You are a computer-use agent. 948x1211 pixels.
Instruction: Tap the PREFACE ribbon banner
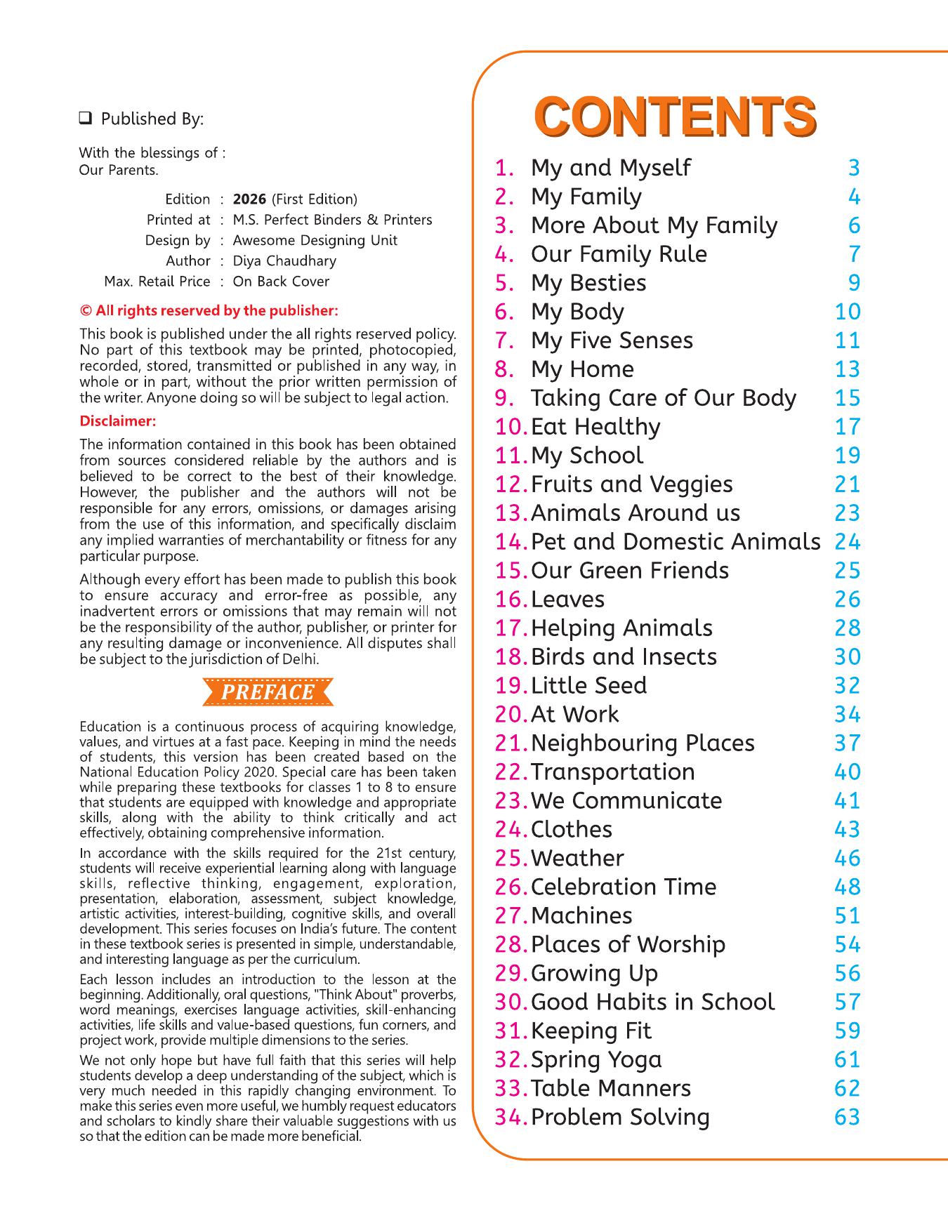tap(268, 692)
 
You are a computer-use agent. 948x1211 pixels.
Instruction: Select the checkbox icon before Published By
tap(86, 119)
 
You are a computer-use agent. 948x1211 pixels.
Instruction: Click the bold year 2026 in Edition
tap(249, 199)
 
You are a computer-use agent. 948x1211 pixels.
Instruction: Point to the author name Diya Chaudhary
tap(284, 261)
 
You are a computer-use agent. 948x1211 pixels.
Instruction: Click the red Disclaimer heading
tap(117, 421)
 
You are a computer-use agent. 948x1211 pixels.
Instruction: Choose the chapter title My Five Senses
tap(612, 340)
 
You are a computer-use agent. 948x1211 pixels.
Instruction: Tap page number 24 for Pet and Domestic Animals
tap(847, 542)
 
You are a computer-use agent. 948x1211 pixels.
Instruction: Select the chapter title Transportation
tap(612, 772)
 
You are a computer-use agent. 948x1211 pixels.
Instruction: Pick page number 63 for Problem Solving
tap(847, 1118)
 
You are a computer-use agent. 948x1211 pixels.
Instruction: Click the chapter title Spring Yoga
tap(596, 1060)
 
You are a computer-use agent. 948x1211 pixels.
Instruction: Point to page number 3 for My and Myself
tap(854, 168)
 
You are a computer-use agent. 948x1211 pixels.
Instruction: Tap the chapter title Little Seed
tap(588, 686)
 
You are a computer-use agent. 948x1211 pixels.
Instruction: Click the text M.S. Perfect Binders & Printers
tap(332, 220)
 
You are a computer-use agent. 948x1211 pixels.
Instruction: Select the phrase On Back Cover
tap(281, 282)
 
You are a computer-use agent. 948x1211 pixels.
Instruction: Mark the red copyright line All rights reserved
tap(209, 310)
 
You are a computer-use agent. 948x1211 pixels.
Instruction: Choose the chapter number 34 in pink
tap(510, 1118)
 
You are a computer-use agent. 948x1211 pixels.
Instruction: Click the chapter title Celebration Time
tap(624, 887)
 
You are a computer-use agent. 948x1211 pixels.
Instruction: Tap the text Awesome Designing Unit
tap(315, 240)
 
